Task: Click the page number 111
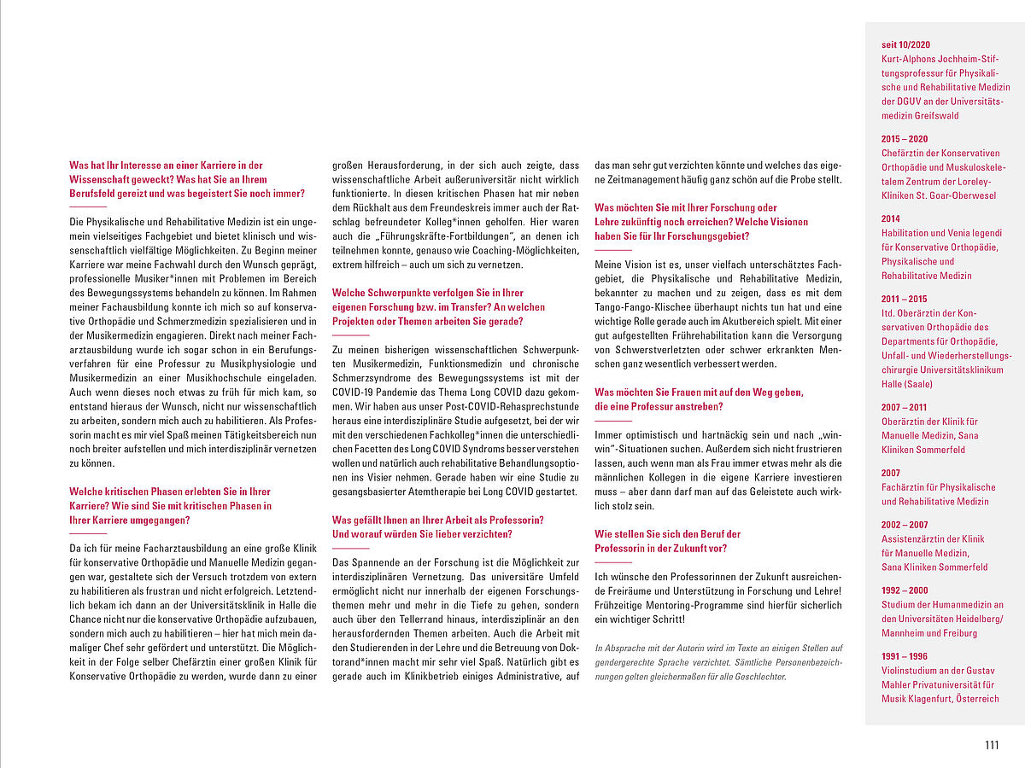[x=991, y=745]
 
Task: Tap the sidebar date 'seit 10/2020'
[x=905, y=44]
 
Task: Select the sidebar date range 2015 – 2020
[x=905, y=138]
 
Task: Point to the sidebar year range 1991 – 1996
[x=904, y=655]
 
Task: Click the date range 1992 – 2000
[x=905, y=590]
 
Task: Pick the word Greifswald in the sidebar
[x=936, y=115]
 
